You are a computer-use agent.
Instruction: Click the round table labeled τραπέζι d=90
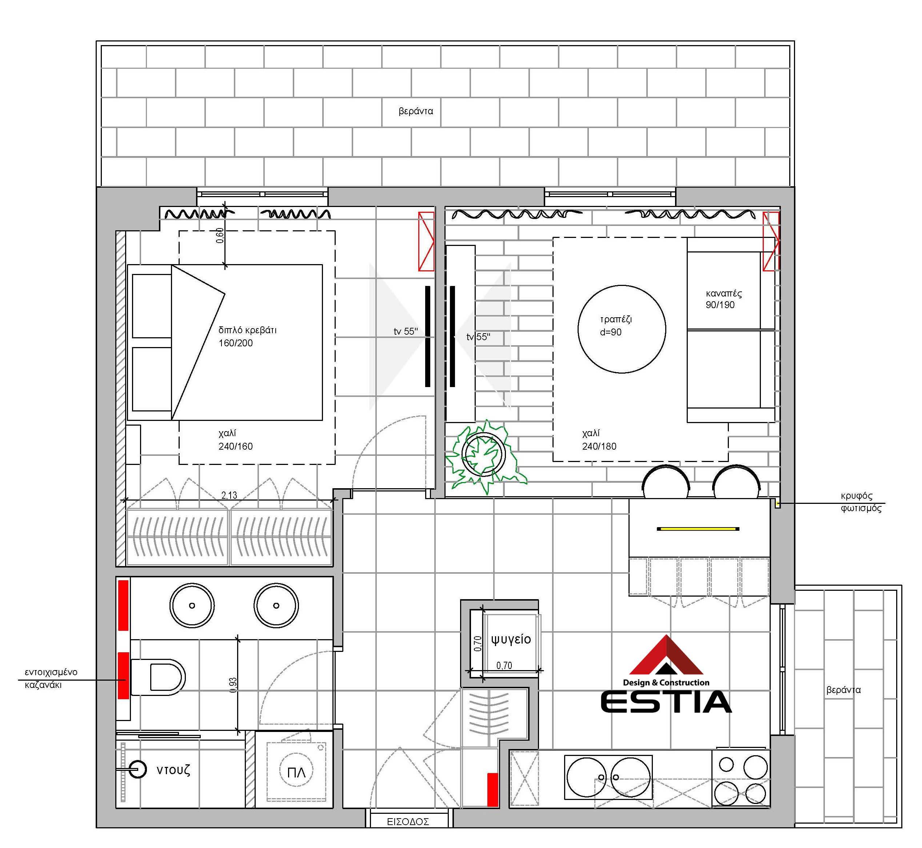622,329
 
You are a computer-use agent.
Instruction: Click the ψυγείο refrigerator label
511,639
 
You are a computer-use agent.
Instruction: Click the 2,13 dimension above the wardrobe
229,495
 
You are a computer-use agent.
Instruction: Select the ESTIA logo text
666,702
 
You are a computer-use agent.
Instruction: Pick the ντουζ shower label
173,770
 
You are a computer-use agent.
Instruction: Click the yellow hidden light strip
698,529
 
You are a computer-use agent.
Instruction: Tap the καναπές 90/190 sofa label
723,299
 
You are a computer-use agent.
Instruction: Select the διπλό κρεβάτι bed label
247,336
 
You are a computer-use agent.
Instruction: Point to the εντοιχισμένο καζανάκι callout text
51,678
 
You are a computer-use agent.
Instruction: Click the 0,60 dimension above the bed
220,235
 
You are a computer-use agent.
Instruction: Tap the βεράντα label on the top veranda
416,111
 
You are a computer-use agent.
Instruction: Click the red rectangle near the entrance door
492,790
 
